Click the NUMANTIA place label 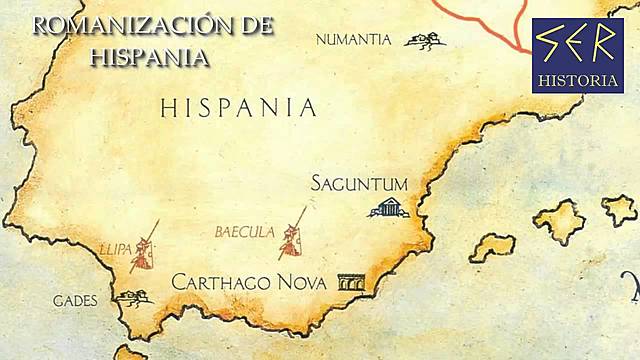(x=353, y=40)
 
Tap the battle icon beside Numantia (x=424, y=40)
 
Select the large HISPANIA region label (x=238, y=108)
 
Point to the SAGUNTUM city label (x=359, y=184)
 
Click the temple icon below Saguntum (x=387, y=208)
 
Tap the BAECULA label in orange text (x=244, y=232)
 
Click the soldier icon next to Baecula (x=293, y=233)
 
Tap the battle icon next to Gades (x=132, y=296)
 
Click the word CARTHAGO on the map (x=218, y=282)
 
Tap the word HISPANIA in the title (x=150, y=56)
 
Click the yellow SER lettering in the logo (x=576, y=43)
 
